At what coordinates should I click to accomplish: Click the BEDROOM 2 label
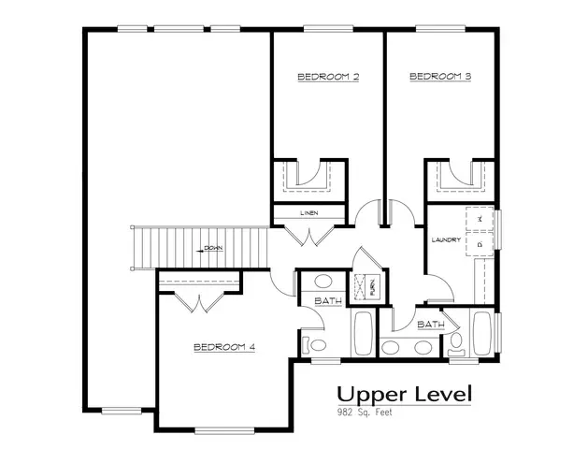(328, 77)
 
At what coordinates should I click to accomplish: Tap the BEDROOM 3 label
(439, 77)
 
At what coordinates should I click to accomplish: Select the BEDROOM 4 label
(224, 347)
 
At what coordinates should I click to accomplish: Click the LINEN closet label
(309, 213)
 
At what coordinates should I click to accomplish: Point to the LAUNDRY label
(445, 240)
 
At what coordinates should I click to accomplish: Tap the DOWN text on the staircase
(213, 250)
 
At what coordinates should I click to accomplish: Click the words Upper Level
(405, 393)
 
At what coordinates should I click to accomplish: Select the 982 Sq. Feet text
(366, 412)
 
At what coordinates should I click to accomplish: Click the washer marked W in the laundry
(480, 218)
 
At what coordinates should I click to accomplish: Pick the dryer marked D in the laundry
(480, 245)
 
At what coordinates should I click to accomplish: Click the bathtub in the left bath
(363, 334)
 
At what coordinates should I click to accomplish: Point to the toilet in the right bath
(457, 346)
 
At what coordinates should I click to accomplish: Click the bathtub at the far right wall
(483, 334)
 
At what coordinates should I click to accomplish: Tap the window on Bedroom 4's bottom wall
(224, 430)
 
